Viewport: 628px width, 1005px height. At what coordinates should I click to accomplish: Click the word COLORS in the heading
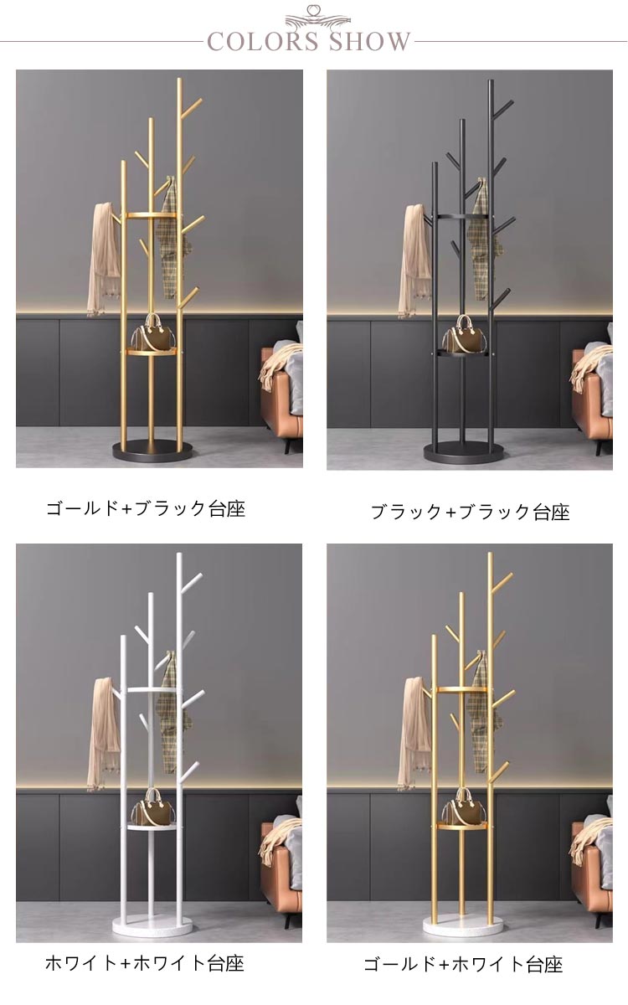pyautogui.click(x=263, y=41)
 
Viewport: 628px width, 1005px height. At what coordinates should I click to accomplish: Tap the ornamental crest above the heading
pyautogui.click(x=317, y=17)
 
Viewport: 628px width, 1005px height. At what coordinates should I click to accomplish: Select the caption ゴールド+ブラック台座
pyautogui.click(x=146, y=509)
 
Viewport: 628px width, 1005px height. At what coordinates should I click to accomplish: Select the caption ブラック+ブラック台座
pyautogui.click(x=471, y=512)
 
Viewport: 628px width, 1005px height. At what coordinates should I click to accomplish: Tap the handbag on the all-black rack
pyautogui.click(x=463, y=333)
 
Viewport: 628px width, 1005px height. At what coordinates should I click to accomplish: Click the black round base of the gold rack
pyautogui.click(x=152, y=451)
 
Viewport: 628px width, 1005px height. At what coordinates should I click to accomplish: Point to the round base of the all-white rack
pyautogui.click(x=152, y=925)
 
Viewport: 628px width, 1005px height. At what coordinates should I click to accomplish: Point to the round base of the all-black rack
pyautogui.click(x=463, y=453)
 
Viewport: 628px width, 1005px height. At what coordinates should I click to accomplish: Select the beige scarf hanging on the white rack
pyautogui.click(x=103, y=734)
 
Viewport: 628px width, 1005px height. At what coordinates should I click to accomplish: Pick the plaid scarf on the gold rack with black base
pyautogui.click(x=172, y=238)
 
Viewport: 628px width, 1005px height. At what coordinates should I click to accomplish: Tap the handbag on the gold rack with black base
pyautogui.click(x=153, y=332)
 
